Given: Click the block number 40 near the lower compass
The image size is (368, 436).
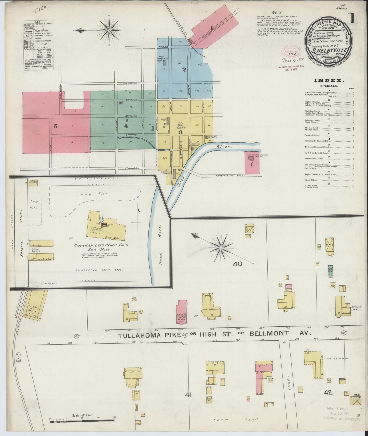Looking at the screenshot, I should (x=237, y=264).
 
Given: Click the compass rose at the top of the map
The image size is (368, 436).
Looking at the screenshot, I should (x=109, y=30).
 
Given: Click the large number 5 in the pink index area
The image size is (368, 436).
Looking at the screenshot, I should (x=55, y=126).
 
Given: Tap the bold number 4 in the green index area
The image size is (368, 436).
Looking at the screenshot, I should (x=126, y=125).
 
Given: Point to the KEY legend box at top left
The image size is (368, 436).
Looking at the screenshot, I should (x=38, y=45).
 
